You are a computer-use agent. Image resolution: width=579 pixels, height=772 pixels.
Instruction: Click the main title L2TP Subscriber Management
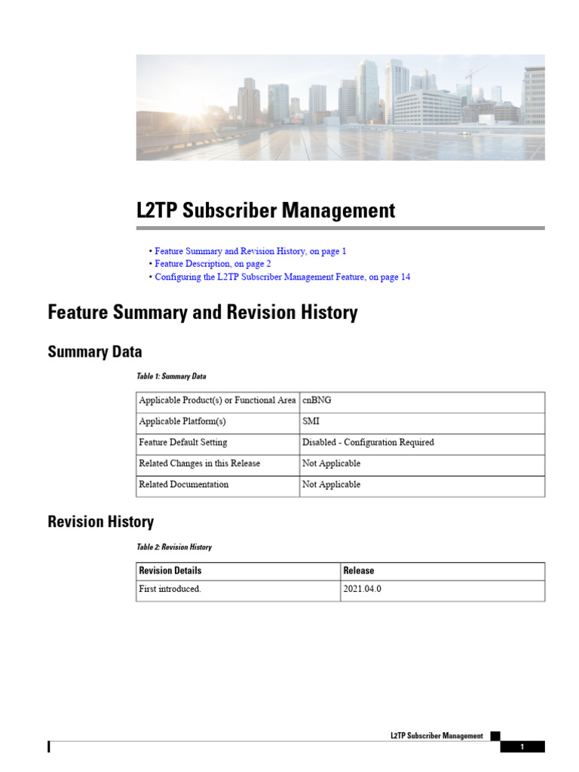(265, 210)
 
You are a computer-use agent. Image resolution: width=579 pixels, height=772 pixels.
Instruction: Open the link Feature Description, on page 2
(213, 264)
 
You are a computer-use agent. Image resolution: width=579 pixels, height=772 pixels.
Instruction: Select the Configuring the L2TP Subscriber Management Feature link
(282, 277)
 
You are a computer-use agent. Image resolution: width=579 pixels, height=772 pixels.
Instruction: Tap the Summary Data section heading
(95, 352)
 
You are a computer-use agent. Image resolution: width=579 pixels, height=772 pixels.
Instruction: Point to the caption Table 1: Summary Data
(171, 376)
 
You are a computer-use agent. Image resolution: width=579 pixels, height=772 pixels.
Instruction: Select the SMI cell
(311, 421)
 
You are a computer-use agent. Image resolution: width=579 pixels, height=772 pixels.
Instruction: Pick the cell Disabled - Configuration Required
(368, 443)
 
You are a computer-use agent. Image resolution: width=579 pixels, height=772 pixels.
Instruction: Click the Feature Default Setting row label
(183, 443)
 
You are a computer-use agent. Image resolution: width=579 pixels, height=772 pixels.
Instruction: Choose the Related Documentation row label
(184, 485)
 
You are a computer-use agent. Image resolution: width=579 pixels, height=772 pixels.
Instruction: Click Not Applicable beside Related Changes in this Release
(331, 464)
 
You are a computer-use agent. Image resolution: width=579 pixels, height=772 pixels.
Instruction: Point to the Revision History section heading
(100, 522)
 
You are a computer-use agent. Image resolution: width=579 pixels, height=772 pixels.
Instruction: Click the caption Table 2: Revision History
(174, 547)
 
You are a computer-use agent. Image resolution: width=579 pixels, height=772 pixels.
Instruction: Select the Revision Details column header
(170, 571)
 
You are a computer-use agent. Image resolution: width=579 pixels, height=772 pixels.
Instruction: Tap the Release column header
(358, 571)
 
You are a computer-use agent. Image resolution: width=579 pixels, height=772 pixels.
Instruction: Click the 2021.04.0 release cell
(362, 590)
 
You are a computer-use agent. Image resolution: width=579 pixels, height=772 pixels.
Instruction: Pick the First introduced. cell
(170, 590)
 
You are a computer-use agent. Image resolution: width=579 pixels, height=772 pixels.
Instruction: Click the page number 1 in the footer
(522, 747)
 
